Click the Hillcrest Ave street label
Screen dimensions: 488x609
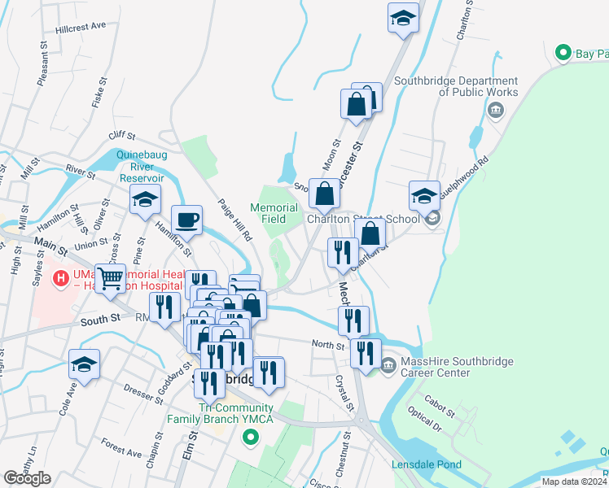[x=81, y=26]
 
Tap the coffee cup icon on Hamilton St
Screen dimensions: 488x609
[x=186, y=219]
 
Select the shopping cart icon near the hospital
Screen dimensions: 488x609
[x=110, y=277]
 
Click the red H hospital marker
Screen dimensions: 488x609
[x=59, y=279]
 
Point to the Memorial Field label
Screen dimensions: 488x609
[x=273, y=213]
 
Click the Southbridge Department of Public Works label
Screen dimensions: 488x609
[x=455, y=86]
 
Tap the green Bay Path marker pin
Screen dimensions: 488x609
[x=562, y=53]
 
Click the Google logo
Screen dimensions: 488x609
[x=28, y=478]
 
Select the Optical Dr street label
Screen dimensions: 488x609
[x=424, y=420]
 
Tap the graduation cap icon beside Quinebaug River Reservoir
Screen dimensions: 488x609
[x=145, y=199]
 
